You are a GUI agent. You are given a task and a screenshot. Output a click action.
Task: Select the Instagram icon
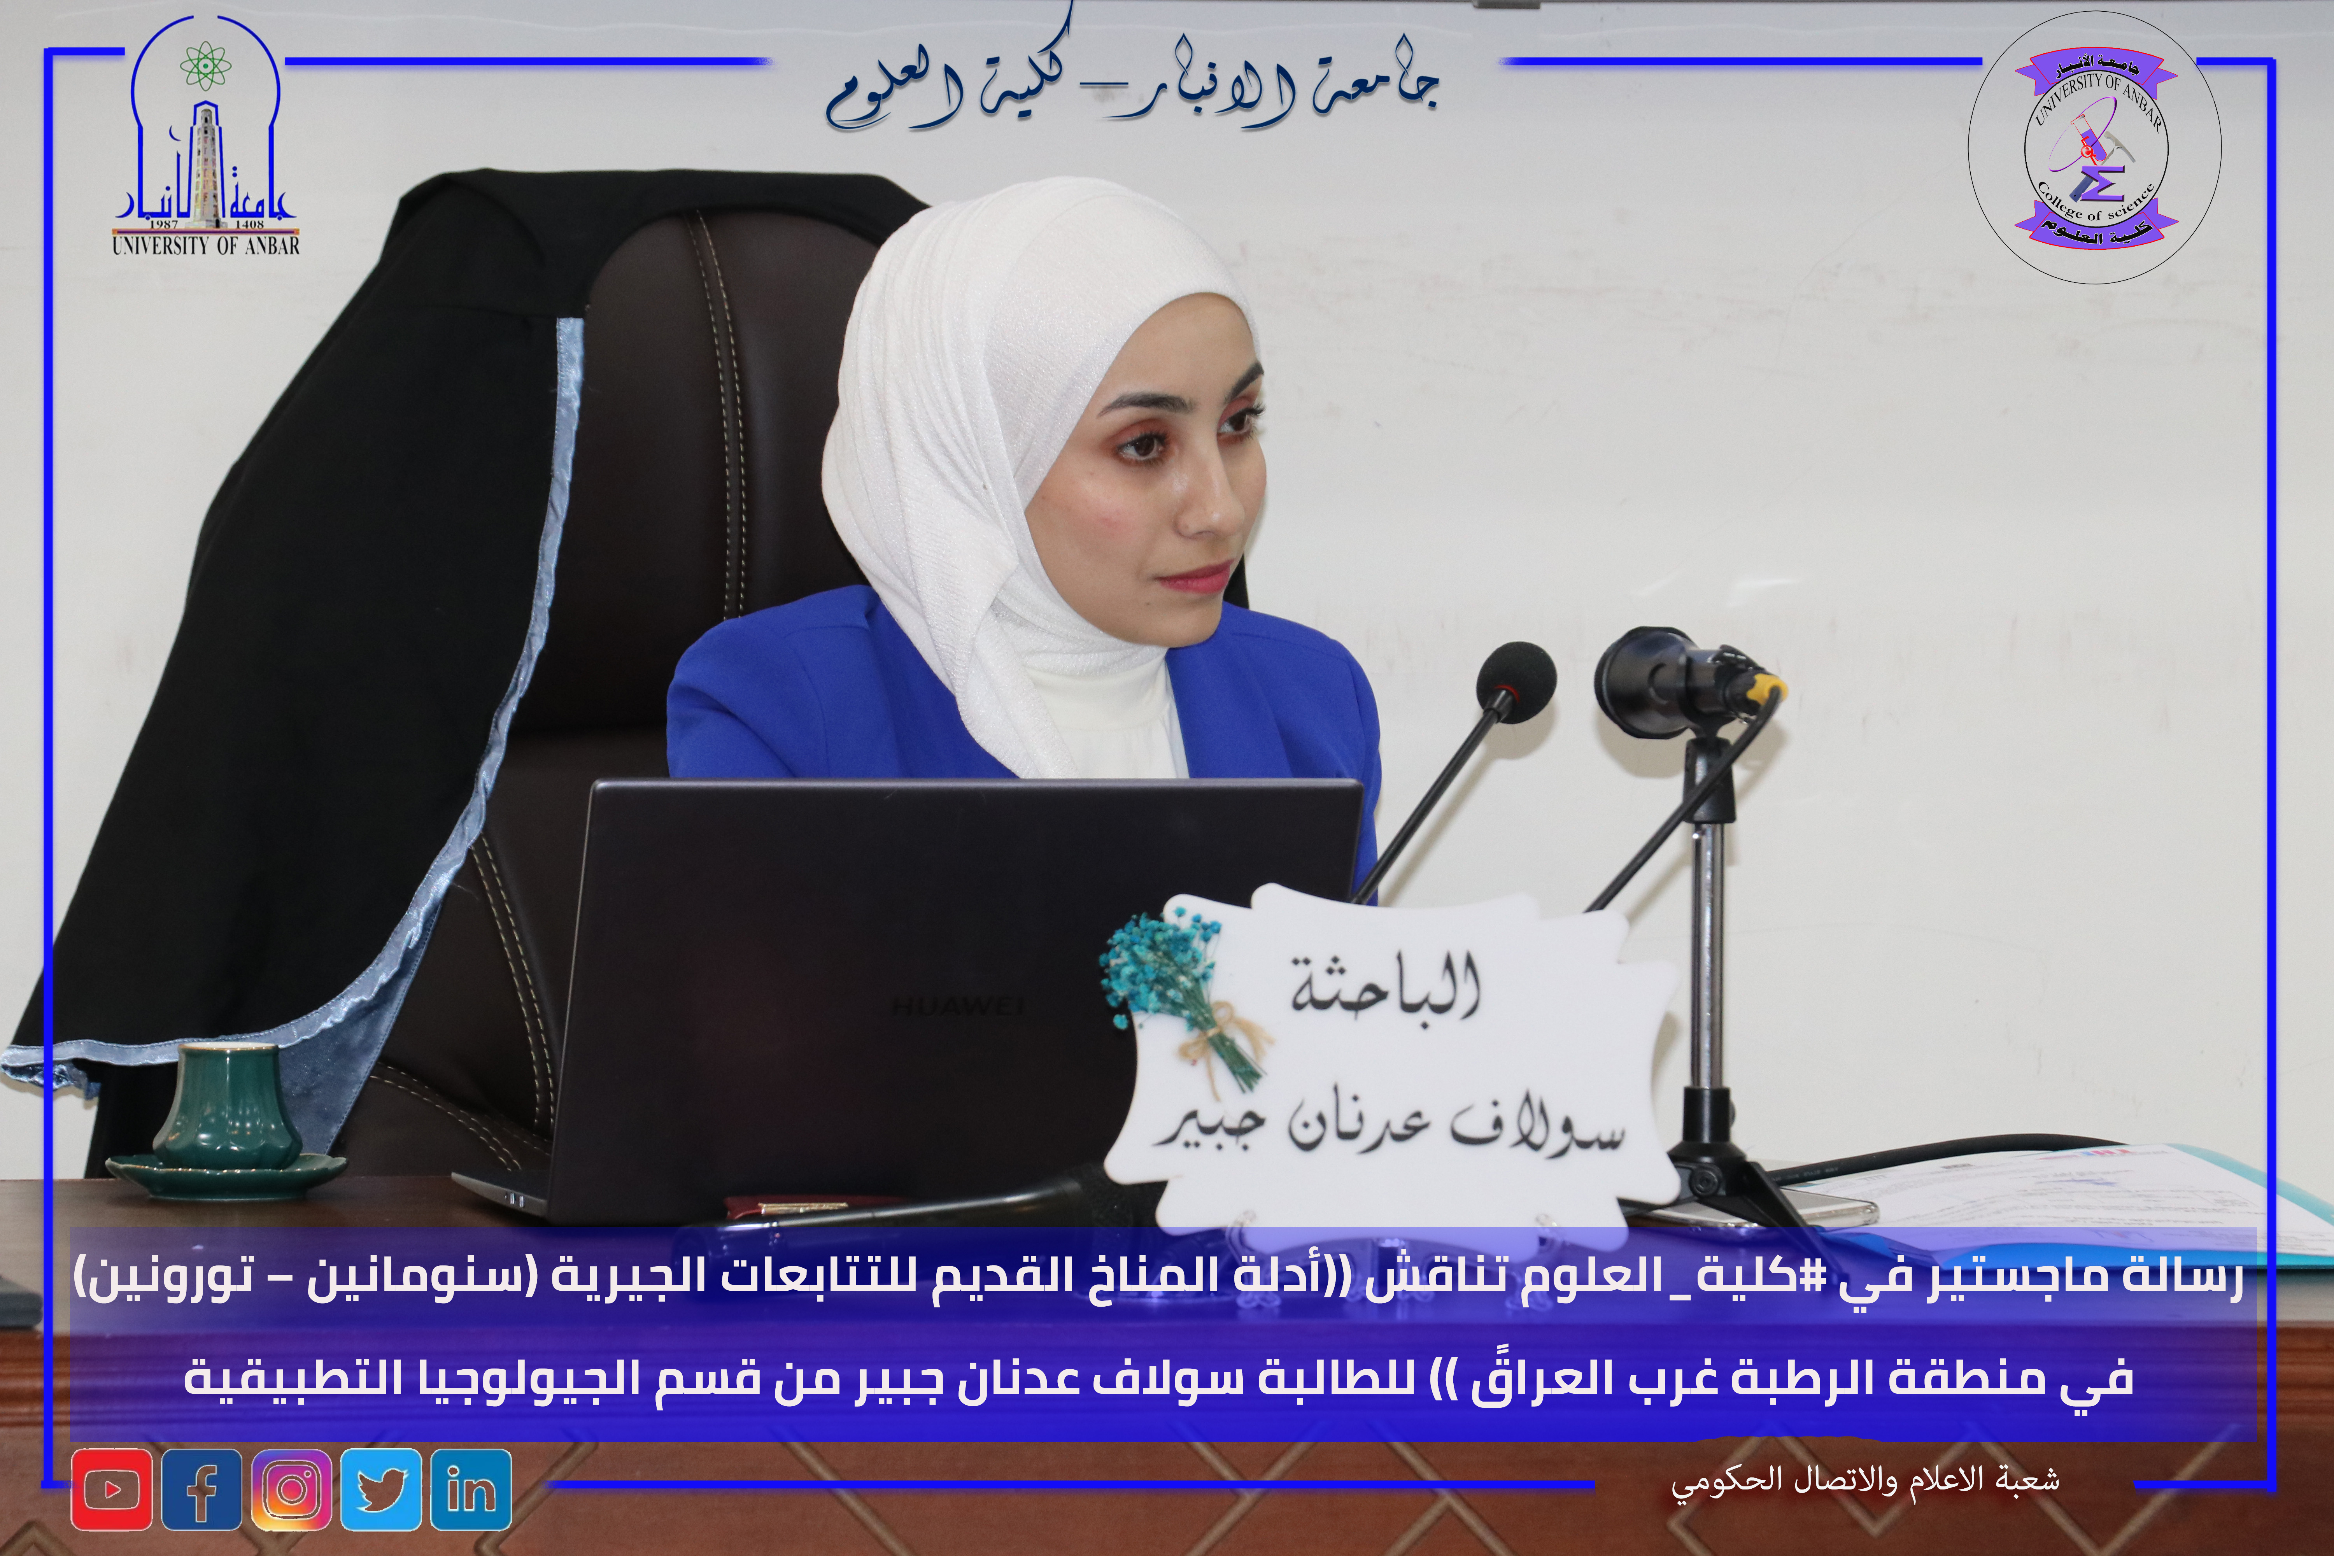(292, 1489)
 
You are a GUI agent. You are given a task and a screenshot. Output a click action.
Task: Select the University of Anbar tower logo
(205, 139)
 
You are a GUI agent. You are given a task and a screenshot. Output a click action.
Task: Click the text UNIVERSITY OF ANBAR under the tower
(205, 244)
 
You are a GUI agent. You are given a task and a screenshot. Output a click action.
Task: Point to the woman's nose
(1211, 501)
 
